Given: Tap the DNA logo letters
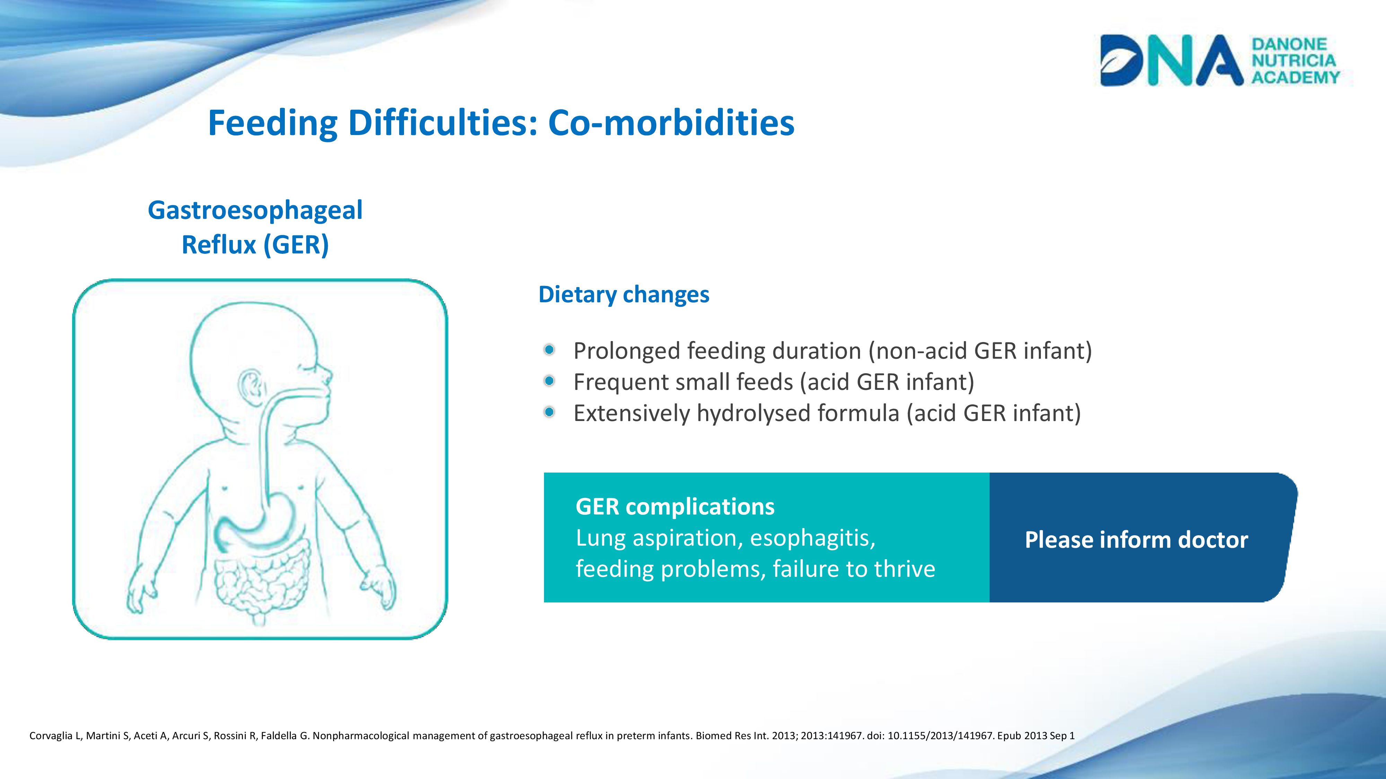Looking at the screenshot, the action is [1172, 60].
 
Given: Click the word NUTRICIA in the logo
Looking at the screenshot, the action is [1293, 60].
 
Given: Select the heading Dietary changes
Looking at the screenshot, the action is [624, 295].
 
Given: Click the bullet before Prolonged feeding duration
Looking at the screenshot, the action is [549, 350].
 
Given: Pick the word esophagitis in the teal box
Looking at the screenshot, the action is [813, 538].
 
